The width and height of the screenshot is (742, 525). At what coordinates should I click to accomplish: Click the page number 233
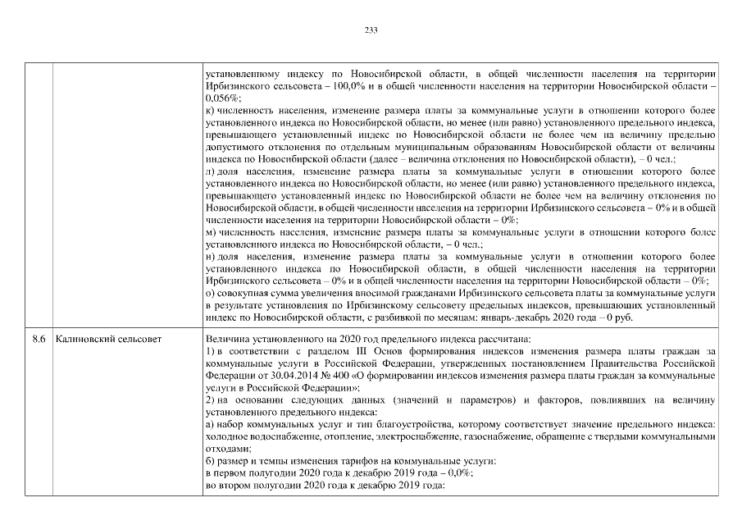click(371, 30)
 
